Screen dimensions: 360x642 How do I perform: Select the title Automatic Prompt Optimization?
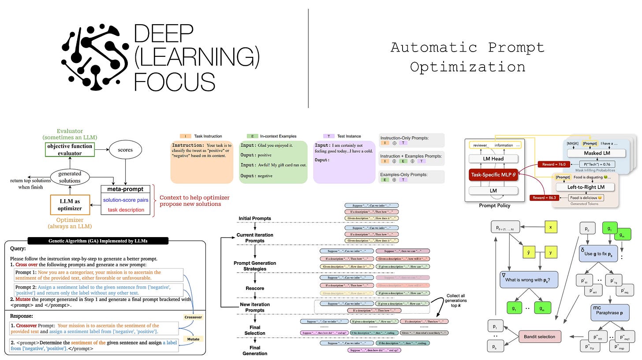coord(467,57)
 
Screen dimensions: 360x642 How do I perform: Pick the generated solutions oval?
coord(70,177)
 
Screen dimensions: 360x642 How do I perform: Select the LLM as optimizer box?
coord(70,205)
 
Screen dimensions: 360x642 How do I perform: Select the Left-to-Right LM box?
coord(586,186)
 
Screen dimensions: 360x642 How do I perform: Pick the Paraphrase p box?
coord(609,314)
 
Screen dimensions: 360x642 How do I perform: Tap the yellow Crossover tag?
coord(193,317)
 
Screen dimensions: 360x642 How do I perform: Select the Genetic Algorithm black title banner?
coord(97,241)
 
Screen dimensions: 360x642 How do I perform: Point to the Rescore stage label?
coord(255,288)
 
